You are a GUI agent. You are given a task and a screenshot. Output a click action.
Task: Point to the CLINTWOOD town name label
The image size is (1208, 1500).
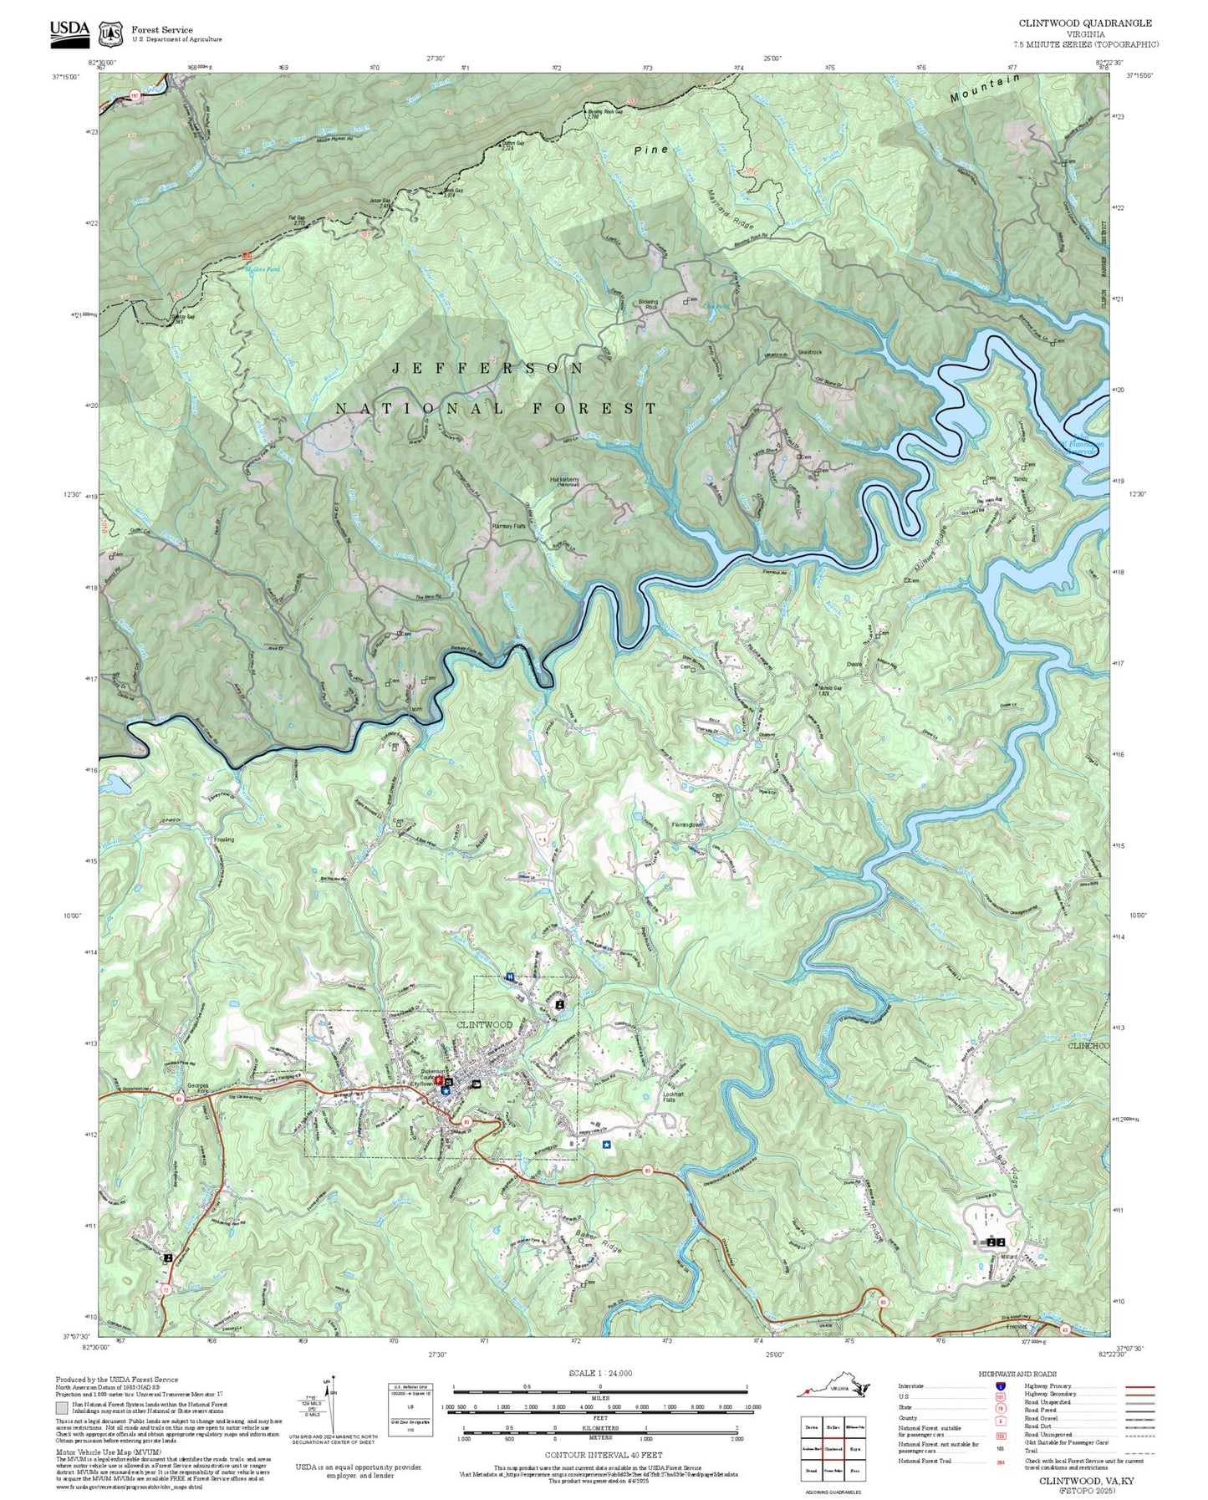pyautogui.click(x=484, y=1024)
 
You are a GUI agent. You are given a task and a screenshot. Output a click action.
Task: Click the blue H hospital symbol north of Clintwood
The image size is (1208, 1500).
pyautogui.click(x=510, y=977)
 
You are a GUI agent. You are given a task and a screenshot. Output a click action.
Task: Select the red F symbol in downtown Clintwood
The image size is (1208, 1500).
pyautogui.click(x=439, y=1079)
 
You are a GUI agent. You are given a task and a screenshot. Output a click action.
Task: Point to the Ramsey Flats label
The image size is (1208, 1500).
pyautogui.click(x=507, y=526)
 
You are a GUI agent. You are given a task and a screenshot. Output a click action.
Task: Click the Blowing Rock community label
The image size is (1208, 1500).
pyautogui.click(x=648, y=304)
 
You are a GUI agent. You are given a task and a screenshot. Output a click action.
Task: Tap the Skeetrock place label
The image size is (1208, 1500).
pyautogui.click(x=809, y=352)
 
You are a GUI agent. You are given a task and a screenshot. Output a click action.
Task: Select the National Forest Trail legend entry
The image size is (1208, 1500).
pyautogui.click(x=924, y=1461)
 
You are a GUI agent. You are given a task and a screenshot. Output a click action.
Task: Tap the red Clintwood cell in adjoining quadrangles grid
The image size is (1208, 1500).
pyautogui.click(x=833, y=1448)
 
